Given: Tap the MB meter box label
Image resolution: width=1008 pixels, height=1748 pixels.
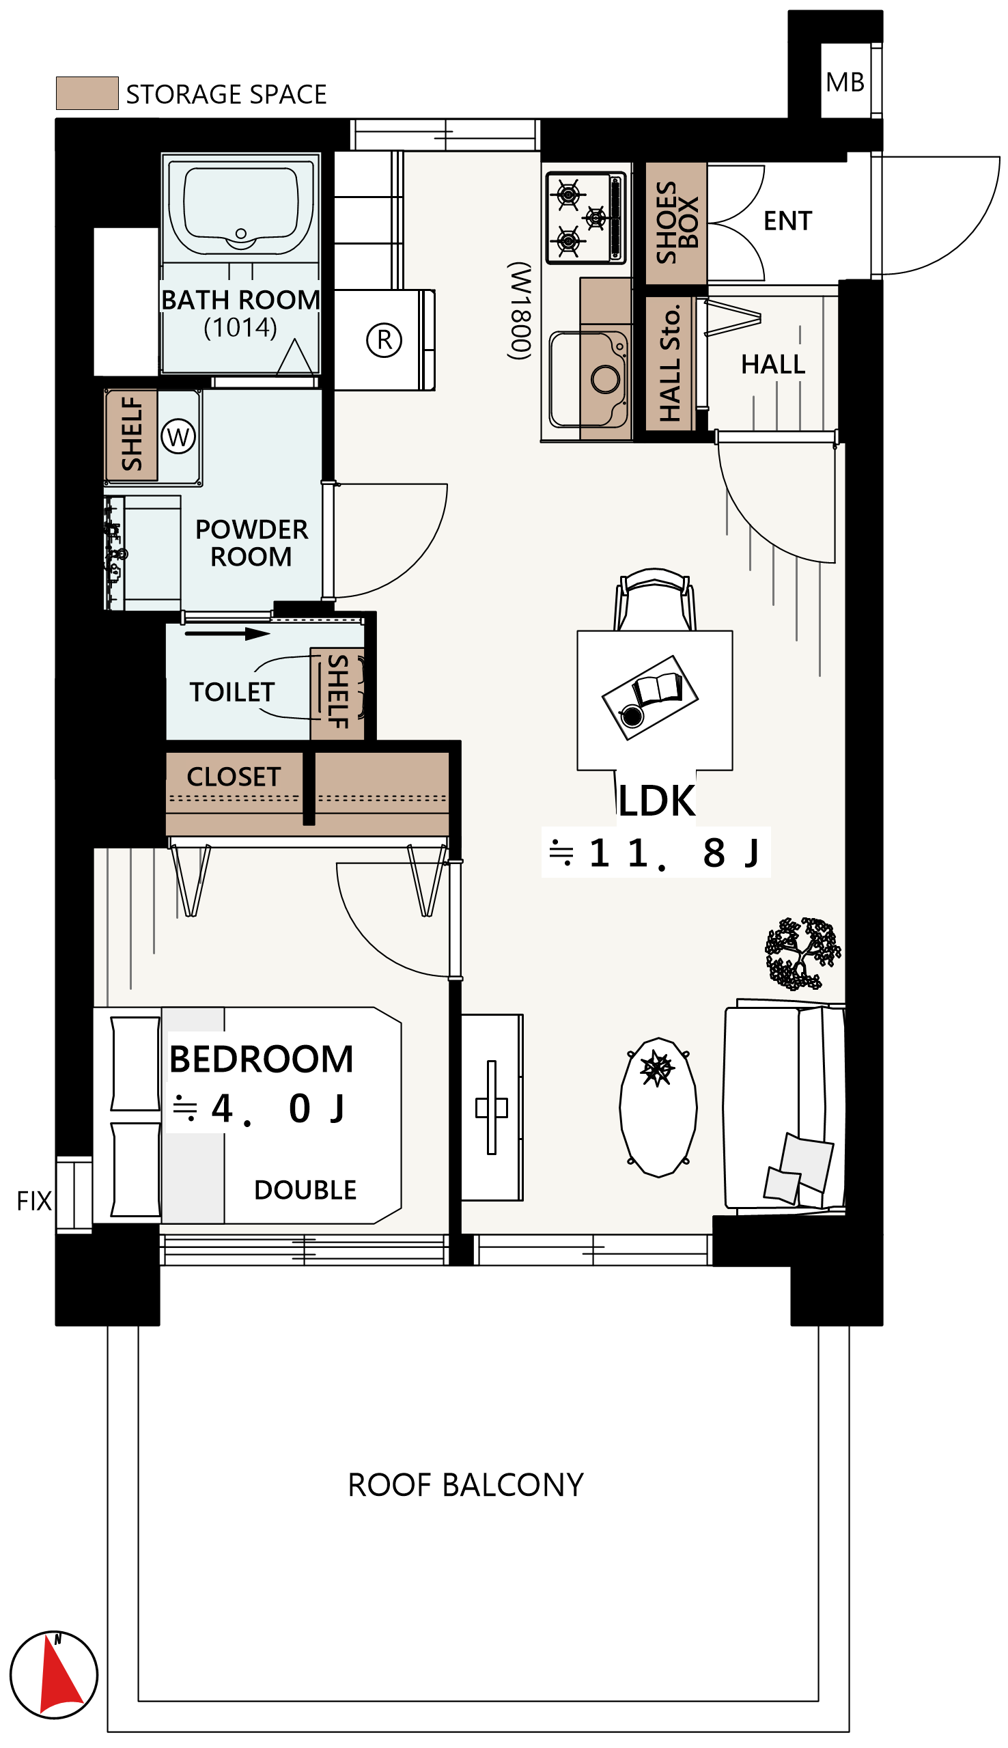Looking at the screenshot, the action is pyautogui.click(x=845, y=83).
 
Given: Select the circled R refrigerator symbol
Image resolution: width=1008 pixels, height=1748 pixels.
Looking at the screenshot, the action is pyautogui.click(x=384, y=340).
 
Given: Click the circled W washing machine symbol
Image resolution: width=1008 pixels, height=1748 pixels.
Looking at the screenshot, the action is pyautogui.click(x=178, y=436).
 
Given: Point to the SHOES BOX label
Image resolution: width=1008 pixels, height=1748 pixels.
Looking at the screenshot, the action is pyautogui.click(x=676, y=223).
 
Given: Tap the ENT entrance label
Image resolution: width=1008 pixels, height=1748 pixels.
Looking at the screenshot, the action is pyautogui.click(x=787, y=221).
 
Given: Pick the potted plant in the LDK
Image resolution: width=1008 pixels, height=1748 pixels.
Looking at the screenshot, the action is pyautogui.click(x=802, y=954).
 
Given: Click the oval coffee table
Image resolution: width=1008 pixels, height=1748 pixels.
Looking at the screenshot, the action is pyautogui.click(x=658, y=1107).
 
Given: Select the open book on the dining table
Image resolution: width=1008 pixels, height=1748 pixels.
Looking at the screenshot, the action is pyautogui.click(x=658, y=689).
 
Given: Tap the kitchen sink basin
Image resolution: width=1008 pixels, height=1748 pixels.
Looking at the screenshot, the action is pyautogui.click(x=588, y=379).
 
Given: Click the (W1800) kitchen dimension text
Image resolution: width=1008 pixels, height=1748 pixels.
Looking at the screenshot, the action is pyautogui.click(x=520, y=311).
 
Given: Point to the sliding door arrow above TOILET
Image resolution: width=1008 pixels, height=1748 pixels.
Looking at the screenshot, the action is pyautogui.click(x=227, y=633).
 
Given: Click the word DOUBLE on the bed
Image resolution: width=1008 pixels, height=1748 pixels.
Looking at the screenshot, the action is pyautogui.click(x=305, y=1190).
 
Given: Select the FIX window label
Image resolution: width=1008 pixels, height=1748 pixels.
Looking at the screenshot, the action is pyautogui.click(x=34, y=1201).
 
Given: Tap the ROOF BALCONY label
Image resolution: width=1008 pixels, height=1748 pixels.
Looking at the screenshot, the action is pyautogui.click(x=465, y=1485).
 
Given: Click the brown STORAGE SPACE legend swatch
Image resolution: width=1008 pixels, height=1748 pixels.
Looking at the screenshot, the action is pyautogui.click(x=87, y=93).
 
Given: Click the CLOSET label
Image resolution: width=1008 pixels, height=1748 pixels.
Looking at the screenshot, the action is pyautogui.click(x=234, y=777).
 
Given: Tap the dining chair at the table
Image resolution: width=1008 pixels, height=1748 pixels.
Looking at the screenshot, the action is pyautogui.click(x=655, y=600).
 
